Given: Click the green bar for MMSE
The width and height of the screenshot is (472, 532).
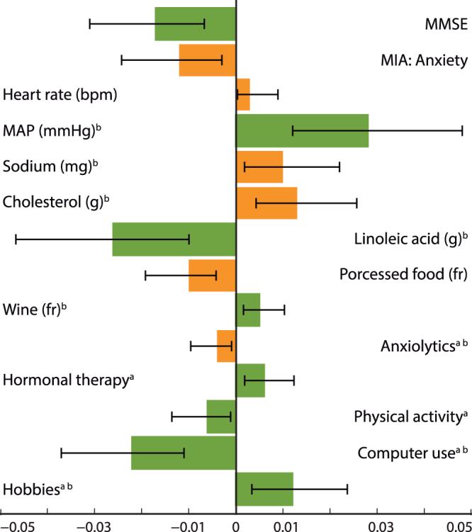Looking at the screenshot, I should tap(195, 24).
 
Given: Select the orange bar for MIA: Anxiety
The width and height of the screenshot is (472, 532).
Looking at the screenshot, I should tap(207, 60).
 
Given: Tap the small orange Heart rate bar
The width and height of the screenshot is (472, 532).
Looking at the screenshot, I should tap(243, 94).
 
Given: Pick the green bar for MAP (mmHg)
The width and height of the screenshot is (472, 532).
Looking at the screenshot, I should tap(302, 130).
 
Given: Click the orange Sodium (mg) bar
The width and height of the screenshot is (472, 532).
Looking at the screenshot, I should tap(259, 167).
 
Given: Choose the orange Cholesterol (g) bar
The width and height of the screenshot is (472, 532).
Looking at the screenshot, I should tap(266, 203).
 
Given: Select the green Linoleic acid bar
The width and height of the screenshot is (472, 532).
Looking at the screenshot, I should tap(174, 239).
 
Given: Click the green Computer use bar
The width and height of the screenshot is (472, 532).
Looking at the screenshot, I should tap(183, 453).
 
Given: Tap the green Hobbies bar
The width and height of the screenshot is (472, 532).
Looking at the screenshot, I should tap(264, 489).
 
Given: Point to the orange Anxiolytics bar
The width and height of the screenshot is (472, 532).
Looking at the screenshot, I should tap(226, 346).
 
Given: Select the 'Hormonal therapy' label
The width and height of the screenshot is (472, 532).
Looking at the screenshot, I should tap(68, 381).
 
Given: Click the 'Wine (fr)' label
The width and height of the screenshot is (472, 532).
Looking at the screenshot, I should tap(38, 310).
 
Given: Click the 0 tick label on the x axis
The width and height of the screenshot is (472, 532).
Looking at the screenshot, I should tap(236, 524).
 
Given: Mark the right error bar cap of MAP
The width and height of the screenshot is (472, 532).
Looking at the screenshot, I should tap(462, 130).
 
